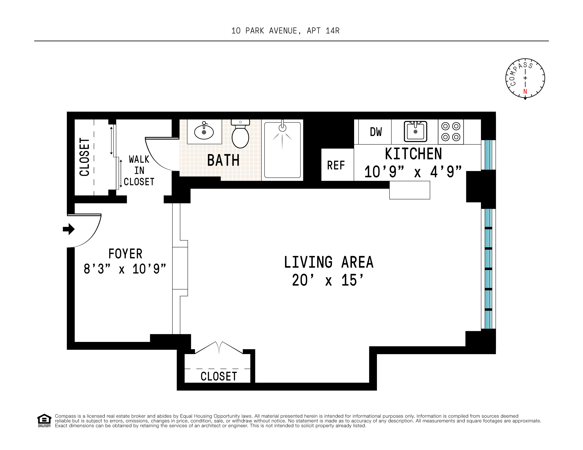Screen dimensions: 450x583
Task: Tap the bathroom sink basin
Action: pyautogui.click(x=204, y=132)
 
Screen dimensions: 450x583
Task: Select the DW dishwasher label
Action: pyautogui.click(x=376, y=132)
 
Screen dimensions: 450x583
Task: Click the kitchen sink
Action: pyautogui.click(x=415, y=131)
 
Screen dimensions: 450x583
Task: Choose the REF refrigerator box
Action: pyautogui.click(x=336, y=165)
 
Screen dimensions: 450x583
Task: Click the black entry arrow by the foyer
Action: pyautogui.click(x=69, y=229)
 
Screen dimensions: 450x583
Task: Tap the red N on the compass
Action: pyautogui.click(x=525, y=92)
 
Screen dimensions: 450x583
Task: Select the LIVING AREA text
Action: pyautogui.click(x=328, y=262)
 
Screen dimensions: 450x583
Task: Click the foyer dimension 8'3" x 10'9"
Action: pyautogui.click(x=125, y=269)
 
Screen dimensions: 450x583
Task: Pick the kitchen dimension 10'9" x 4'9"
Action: pyautogui.click(x=413, y=172)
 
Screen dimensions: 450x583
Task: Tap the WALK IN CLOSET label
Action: pyautogui.click(x=139, y=171)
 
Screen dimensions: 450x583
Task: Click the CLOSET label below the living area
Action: pyautogui.click(x=219, y=376)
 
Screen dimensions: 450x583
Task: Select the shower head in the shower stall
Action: pyautogui.click(x=282, y=128)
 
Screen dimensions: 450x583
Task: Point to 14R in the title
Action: pyautogui.click(x=333, y=31)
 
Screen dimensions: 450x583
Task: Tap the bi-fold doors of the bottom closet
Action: pyautogui.click(x=219, y=348)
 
